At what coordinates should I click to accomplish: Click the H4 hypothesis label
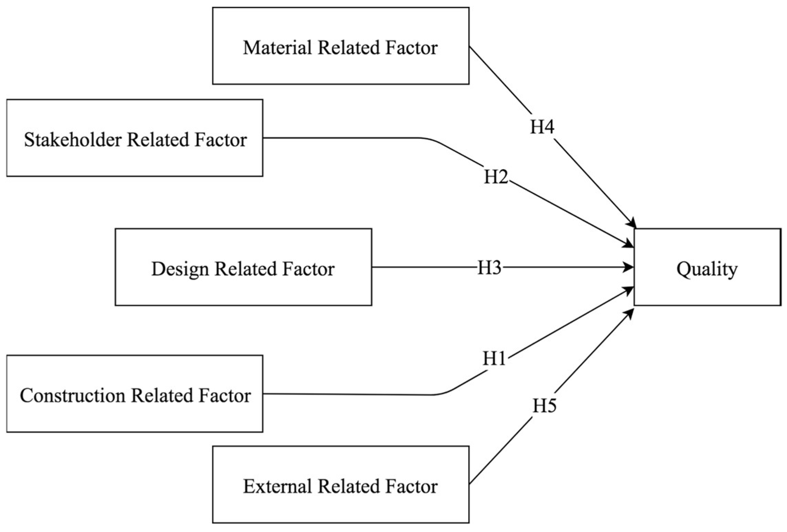tap(542, 127)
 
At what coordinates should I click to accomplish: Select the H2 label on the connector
tap(496, 177)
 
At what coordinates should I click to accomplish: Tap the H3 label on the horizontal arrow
tap(489, 268)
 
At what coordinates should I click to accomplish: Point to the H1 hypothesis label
tap(494, 359)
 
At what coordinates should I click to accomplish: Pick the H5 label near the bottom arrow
tap(544, 406)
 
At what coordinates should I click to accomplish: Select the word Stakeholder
tap(73, 140)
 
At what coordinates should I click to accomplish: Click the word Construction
tap(72, 395)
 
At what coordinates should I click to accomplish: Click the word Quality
tap(707, 269)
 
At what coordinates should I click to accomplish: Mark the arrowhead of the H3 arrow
tap(630, 267)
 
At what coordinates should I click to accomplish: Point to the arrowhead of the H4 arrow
tap(632, 224)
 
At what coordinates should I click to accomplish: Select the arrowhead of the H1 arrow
tap(630, 290)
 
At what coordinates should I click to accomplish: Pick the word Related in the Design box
tap(245, 269)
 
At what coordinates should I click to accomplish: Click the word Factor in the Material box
tap(411, 47)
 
